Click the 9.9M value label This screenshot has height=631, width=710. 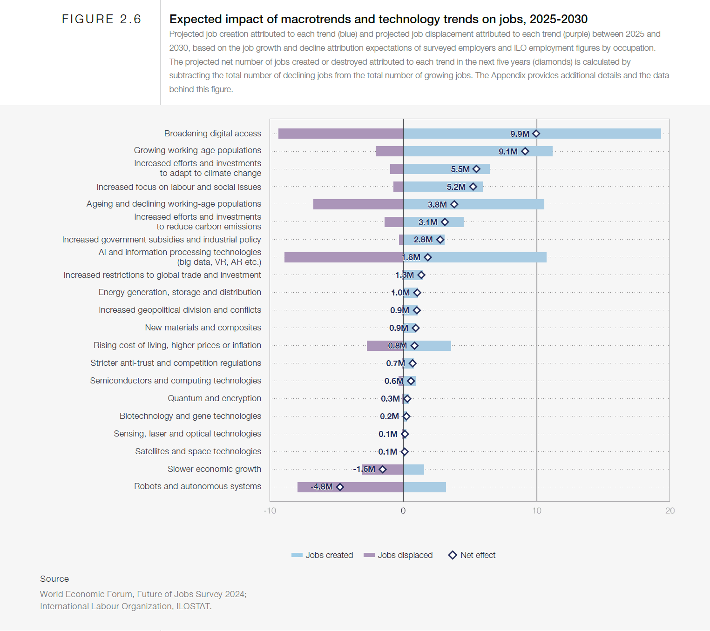520,134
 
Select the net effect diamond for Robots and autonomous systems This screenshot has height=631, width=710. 340,487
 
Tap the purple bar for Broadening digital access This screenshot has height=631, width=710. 340,134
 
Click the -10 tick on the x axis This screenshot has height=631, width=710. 270,511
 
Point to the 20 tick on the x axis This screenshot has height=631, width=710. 669,511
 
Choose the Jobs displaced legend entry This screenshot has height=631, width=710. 399,555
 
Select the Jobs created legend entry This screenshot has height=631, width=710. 322,555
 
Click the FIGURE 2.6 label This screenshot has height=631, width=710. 101,19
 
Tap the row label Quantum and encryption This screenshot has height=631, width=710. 214,398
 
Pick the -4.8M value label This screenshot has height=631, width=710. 322,487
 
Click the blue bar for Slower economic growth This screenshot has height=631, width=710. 413,469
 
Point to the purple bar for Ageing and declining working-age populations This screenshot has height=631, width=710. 358,204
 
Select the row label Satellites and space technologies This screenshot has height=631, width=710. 198,451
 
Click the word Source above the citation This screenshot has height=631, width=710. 54,579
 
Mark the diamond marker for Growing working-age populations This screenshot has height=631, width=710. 525,151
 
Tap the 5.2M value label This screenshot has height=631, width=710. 456,187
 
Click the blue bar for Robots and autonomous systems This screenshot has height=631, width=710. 424,487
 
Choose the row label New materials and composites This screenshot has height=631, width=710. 203,328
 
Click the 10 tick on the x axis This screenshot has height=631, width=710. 536,511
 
